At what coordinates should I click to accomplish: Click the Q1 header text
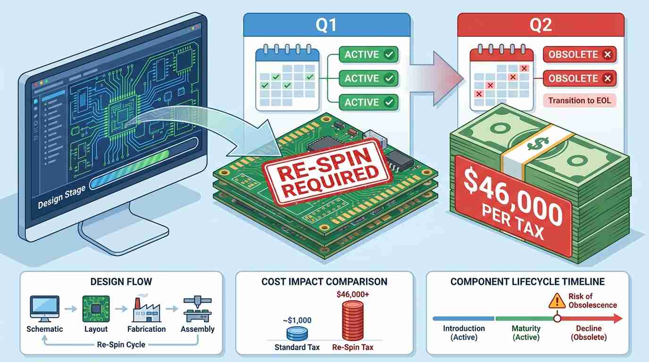coord(326,25)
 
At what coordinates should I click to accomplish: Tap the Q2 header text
coord(541,25)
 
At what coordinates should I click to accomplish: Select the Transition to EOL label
coord(580,100)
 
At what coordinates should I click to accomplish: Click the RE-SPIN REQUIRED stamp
coord(327,173)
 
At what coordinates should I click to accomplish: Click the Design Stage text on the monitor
coord(62,197)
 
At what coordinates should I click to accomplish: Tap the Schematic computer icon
coord(45,309)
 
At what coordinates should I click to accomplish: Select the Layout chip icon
coord(96,309)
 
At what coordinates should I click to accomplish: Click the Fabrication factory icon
coord(147,309)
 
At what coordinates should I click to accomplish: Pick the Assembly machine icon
coord(198,309)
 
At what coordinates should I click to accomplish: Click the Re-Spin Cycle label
coord(121,345)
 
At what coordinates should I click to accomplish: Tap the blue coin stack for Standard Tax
coord(297,334)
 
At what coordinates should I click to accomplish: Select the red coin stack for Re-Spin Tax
coord(353,321)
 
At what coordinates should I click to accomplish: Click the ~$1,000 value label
coord(297,321)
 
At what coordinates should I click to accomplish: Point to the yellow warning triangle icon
coord(557,301)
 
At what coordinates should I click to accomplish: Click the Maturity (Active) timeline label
coord(526,333)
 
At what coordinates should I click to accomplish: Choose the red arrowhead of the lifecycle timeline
coord(618,319)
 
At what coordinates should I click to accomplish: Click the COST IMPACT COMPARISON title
coord(324,282)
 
